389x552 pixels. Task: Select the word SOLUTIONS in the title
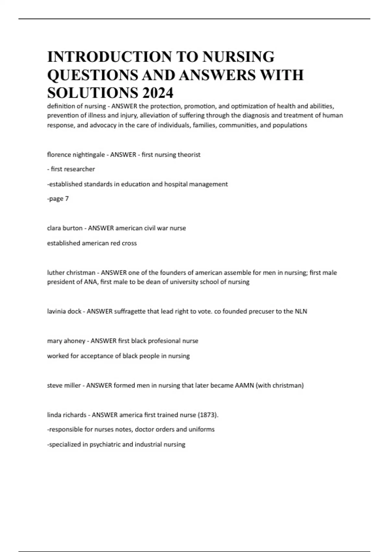click(x=92, y=93)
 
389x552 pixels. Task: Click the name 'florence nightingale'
click(x=76, y=155)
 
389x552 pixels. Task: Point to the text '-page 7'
click(x=58, y=199)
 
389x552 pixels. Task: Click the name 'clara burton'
click(x=65, y=228)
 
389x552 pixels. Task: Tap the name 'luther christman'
click(x=71, y=273)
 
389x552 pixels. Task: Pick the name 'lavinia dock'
click(x=64, y=311)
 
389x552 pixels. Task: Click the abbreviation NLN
click(x=301, y=311)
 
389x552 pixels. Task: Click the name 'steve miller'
click(x=64, y=385)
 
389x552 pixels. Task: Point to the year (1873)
click(x=208, y=415)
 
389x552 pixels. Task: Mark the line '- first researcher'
click(x=71, y=169)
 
